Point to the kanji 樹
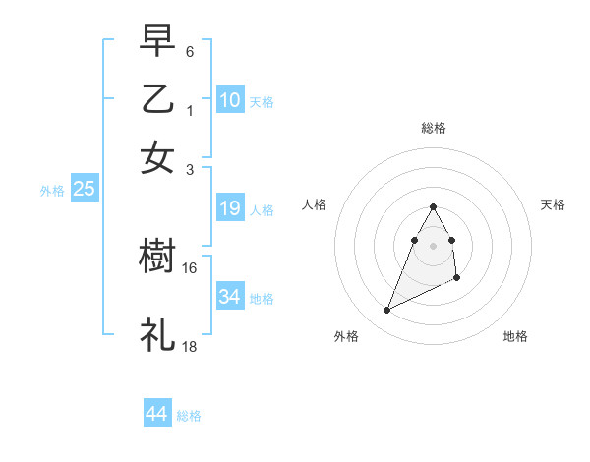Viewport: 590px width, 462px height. pos(157,257)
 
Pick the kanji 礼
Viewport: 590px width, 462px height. pos(157,334)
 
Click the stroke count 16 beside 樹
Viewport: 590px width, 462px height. pos(190,267)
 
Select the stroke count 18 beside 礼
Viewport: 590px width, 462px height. pos(190,346)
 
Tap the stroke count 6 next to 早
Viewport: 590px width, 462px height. pos(190,50)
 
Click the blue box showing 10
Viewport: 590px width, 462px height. pos(230,99)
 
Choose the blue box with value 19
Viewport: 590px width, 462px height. pos(230,208)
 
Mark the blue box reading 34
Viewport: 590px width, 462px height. pos(230,296)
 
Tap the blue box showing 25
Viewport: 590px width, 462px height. pos(84,189)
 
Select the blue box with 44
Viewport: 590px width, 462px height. pos(156,414)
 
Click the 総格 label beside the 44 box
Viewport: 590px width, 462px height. pos(189,416)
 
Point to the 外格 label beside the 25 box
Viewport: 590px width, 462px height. pos(52,191)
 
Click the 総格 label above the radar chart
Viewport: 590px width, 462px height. pos(433,128)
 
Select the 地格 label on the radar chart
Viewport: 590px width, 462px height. pos(515,336)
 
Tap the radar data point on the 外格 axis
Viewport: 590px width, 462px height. pos(387,311)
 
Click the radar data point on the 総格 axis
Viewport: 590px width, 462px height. pos(433,207)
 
